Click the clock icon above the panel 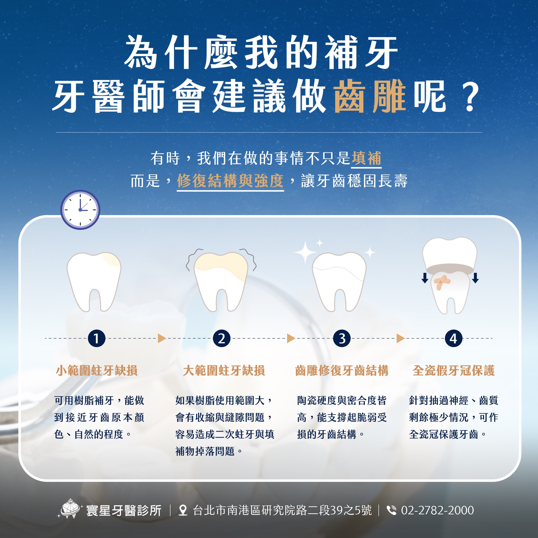[80, 210]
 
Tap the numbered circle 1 [96, 338]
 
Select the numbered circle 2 [221, 338]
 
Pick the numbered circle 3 [342, 338]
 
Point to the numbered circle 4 [453, 338]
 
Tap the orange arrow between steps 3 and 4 [400, 338]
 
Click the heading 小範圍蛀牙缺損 [97, 371]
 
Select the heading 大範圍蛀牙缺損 [224, 371]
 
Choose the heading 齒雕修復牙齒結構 [342, 371]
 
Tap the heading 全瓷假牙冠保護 [453, 371]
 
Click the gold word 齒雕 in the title [370, 96]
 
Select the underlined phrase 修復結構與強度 [230, 181]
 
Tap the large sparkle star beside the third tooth [305, 252]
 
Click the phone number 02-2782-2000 [437, 510]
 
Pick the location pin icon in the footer [183, 510]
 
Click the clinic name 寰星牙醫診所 [124, 510]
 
